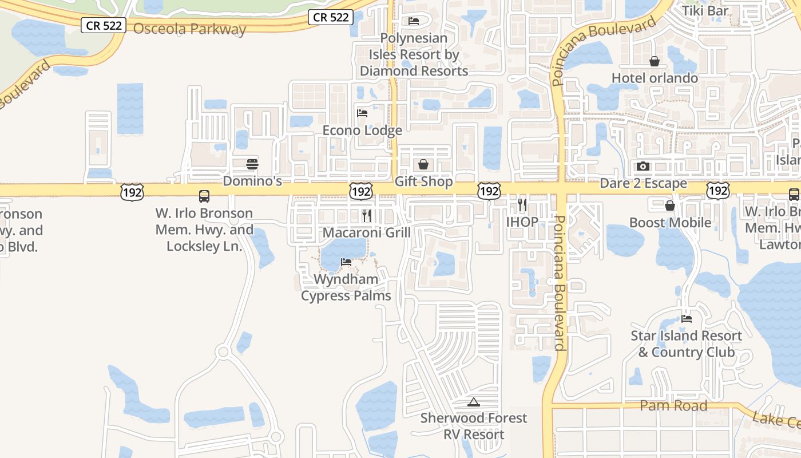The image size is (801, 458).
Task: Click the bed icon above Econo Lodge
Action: click(362, 113)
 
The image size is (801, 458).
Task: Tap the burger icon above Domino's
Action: click(252, 164)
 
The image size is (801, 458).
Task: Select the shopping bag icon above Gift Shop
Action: click(423, 165)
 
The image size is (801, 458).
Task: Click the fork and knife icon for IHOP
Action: click(522, 205)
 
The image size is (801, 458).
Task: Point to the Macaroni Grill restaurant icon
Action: click(367, 216)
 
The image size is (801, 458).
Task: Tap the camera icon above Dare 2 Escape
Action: click(643, 166)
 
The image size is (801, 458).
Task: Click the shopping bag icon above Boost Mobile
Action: click(670, 206)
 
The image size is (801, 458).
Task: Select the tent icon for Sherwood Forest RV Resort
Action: click(473, 402)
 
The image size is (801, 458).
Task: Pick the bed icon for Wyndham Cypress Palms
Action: click(346, 262)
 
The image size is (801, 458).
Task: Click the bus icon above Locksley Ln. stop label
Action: click(204, 196)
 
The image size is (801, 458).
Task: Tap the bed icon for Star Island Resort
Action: click(687, 318)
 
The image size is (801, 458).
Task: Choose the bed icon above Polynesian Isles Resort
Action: click(414, 21)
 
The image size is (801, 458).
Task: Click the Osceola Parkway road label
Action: click(189, 29)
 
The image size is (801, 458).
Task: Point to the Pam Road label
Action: click(673, 406)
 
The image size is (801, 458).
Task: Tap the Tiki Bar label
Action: click(705, 10)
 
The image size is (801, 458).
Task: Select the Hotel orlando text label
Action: click(655, 78)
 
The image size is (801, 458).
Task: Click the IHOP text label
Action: click(522, 222)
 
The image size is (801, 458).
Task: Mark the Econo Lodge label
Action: click(362, 131)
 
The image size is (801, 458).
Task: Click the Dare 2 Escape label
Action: click(643, 183)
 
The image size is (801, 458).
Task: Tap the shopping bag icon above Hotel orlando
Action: click(655, 61)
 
